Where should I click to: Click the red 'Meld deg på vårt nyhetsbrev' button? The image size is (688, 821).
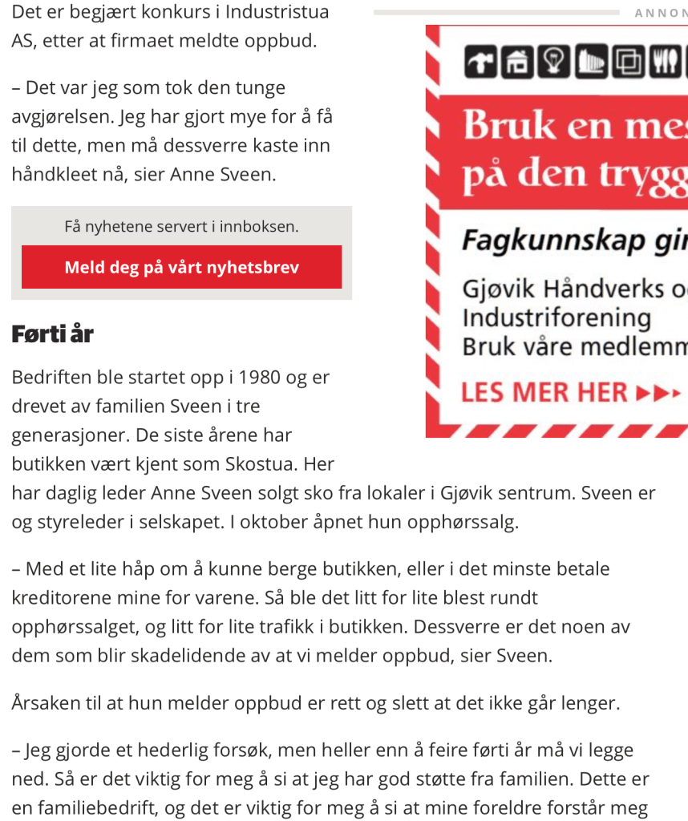point(181,267)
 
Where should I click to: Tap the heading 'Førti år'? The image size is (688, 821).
point(52,334)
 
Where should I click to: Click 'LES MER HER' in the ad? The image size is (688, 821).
point(544,393)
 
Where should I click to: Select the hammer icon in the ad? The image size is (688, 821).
point(480,63)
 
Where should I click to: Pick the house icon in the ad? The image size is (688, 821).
point(517,63)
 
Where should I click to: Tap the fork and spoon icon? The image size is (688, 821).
point(664,63)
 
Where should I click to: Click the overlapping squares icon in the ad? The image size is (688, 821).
point(627,63)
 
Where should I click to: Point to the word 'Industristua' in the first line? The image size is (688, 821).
point(277,12)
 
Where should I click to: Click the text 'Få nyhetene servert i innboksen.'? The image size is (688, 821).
point(181,227)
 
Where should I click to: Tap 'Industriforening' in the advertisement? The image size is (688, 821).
point(556,318)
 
